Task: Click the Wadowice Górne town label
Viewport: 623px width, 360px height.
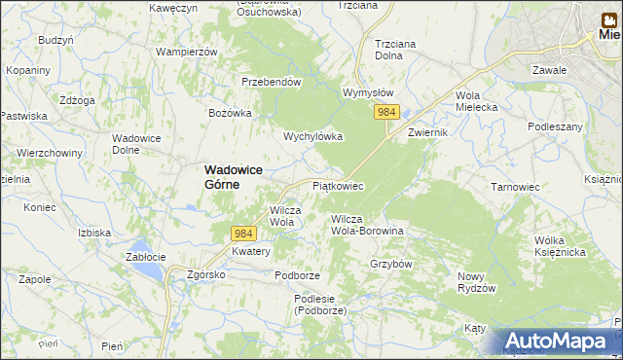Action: (234, 177)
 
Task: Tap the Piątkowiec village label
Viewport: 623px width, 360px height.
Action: (338, 185)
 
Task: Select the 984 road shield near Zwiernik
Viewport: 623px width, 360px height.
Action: (386, 113)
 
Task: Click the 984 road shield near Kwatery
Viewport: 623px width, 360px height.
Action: (243, 234)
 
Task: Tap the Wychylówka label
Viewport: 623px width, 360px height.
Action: (312, 137)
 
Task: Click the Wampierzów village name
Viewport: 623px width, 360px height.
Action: (185, 51)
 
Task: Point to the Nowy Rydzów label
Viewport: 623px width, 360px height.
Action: (477, 283)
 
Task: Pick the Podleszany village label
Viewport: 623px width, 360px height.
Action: (555, 127)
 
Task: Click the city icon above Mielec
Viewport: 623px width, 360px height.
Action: (605, 17)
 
